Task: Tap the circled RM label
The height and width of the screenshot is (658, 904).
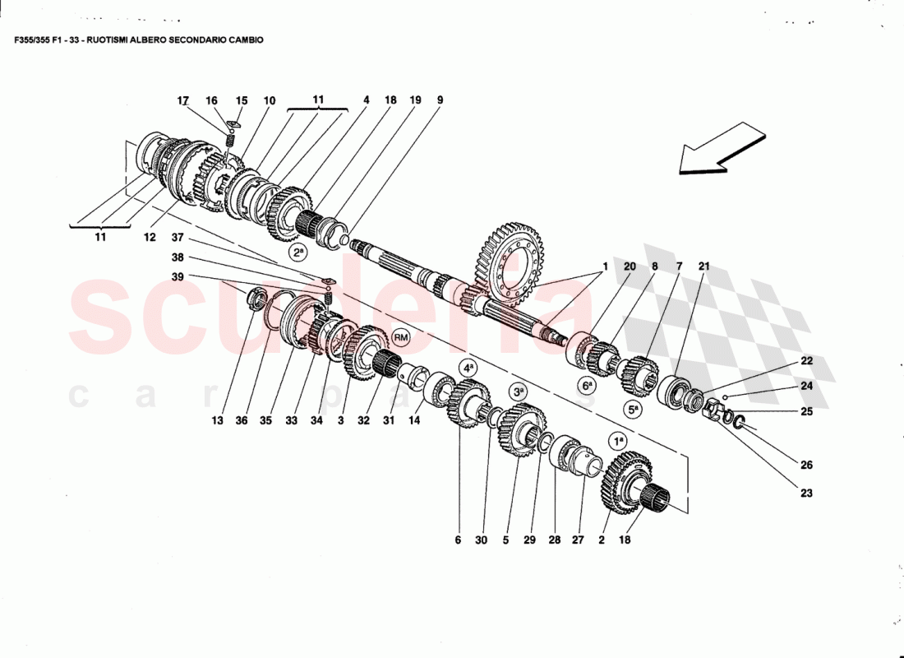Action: (x=400, y=337)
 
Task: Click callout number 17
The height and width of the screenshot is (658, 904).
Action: (x=183, y=100)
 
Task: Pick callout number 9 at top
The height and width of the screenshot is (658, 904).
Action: (x=440, y=100)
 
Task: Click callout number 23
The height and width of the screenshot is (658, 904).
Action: (x=806, y=493)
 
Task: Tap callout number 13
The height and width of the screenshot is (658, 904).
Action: (x=217, y=420)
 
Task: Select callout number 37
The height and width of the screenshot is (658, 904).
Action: (x=178, y=238)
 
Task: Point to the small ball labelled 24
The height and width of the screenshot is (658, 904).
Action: (x=727, y=395)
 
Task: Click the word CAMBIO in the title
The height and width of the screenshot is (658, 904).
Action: (x=243, y=39)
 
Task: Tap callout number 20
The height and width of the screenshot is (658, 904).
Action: (x=630, y=266)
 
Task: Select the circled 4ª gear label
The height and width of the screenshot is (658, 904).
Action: (x=468, y=368)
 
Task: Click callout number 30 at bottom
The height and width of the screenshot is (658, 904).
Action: (x=482, y=540)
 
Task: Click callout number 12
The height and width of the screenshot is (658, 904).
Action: (x=150, y=238)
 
